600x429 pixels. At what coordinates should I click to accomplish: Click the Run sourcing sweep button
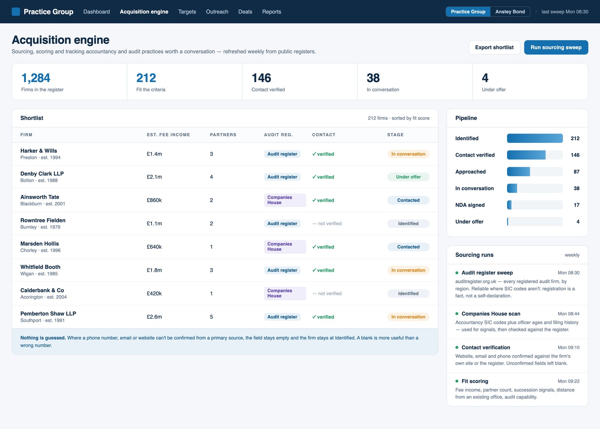556,47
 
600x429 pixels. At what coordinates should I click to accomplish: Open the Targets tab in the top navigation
187,12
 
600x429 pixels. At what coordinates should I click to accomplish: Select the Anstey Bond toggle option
510,12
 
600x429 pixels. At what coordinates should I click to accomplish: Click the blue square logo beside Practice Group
16,12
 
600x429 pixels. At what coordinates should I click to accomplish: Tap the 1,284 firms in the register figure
36,78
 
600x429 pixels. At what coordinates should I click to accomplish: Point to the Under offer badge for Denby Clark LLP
408,177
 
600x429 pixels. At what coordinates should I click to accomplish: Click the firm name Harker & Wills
39,151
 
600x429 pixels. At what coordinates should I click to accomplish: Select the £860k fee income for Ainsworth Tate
154,200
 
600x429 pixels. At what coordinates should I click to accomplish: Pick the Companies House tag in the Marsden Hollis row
285,247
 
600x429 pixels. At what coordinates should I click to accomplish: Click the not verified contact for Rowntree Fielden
327,223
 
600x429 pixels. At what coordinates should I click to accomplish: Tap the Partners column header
223,135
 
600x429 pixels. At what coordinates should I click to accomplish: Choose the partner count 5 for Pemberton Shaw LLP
211,317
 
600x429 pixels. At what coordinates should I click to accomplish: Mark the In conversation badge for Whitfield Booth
408,270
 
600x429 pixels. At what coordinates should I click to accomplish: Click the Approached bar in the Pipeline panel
518,172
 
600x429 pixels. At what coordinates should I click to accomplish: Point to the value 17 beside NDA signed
576,205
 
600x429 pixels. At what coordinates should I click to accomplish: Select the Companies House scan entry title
491,313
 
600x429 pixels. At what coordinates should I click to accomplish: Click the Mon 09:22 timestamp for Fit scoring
568,381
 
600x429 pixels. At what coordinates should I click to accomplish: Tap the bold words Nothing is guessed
43,337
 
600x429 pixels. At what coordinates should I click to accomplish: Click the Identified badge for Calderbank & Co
408,294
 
